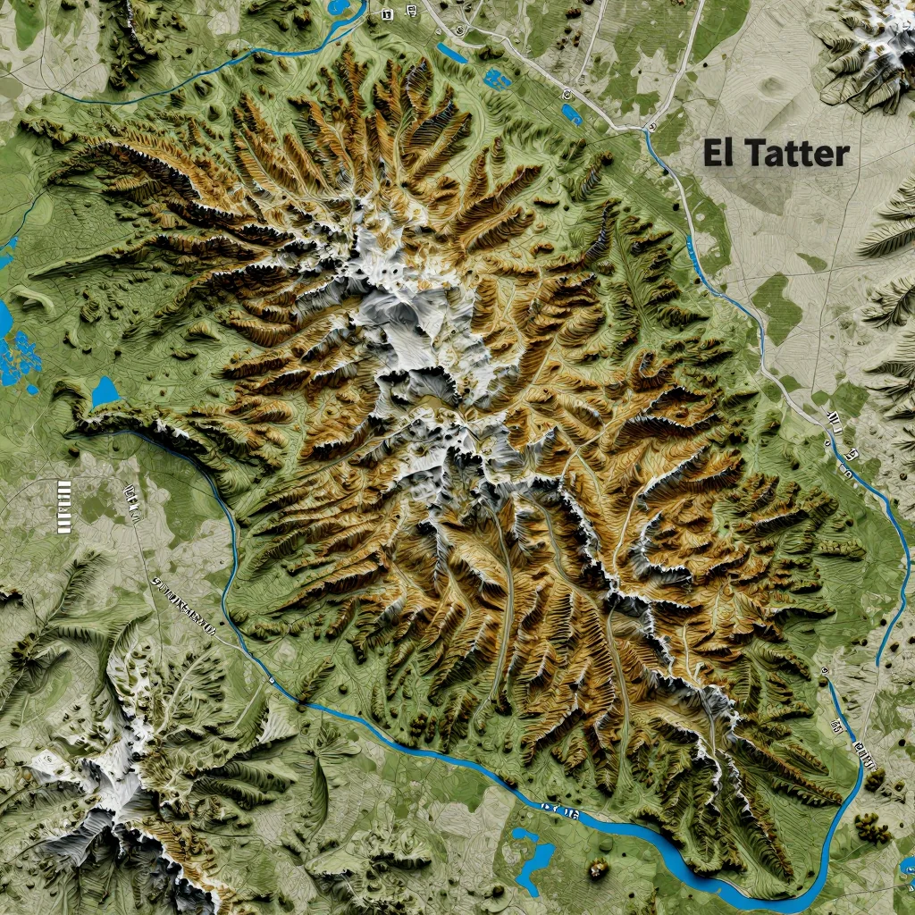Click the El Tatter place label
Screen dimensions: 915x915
click(775, 153)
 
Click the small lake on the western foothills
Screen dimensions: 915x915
click(105, 391)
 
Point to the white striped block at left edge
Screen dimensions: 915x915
click(63, 506)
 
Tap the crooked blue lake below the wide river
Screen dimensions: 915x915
click(533, 859)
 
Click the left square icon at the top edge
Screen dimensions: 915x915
click(386, 14)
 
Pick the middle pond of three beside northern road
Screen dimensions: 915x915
click(496, 79)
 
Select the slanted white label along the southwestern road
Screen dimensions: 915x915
click(185, 605)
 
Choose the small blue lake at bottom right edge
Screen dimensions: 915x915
click(906, 865)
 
